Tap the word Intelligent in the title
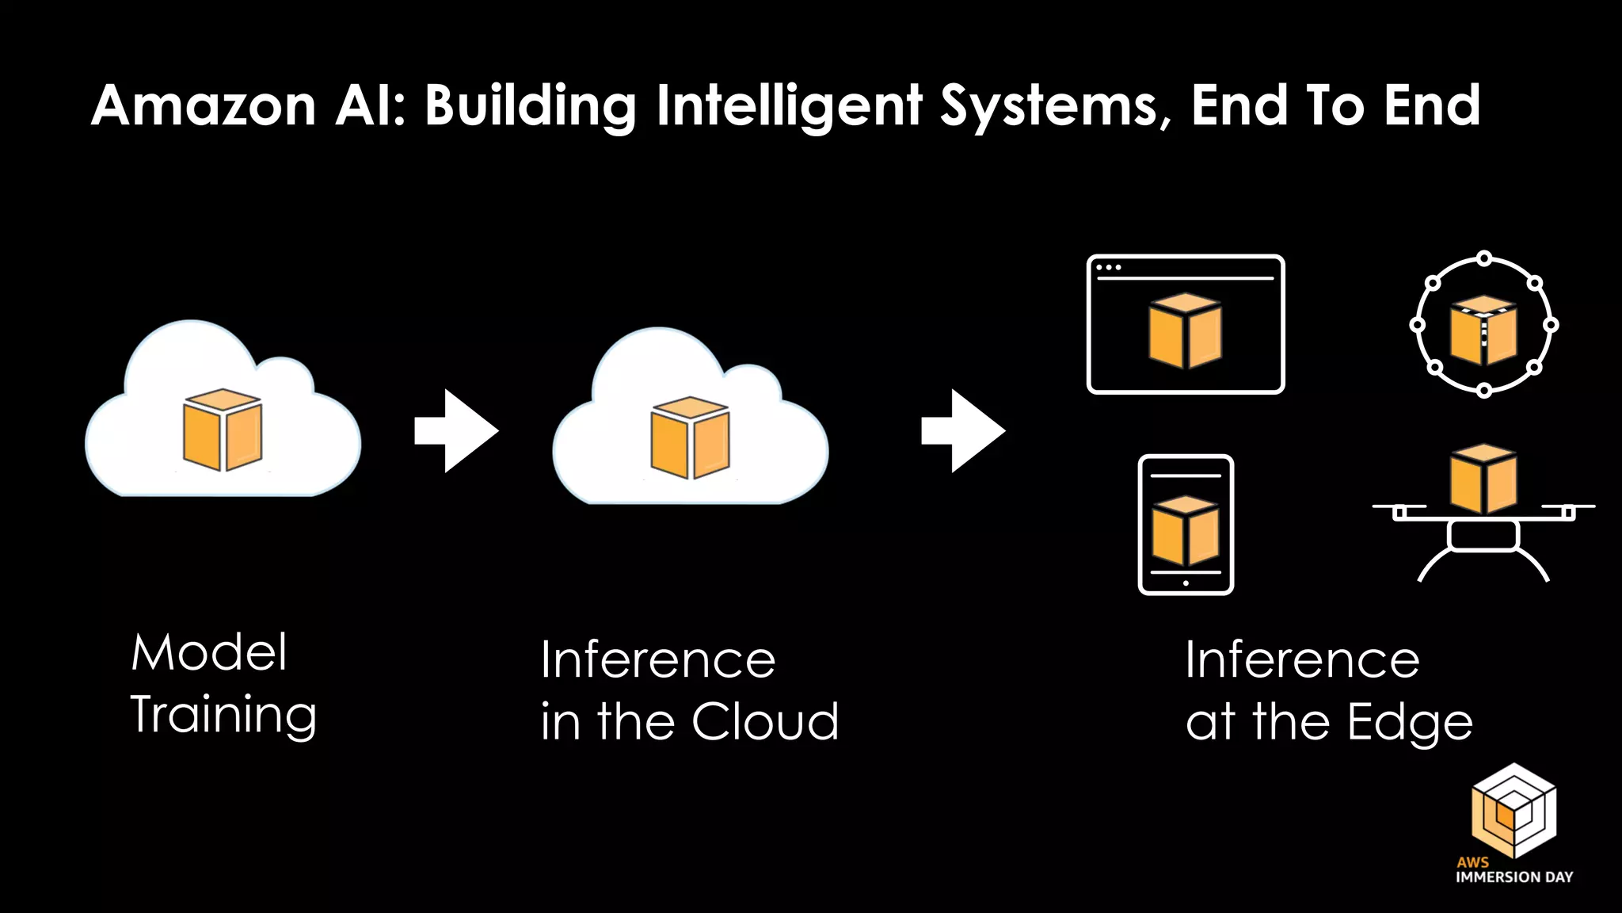pyautogui.click(x=789, y=105)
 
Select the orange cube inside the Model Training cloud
pyautogui.click(x=223, y=430)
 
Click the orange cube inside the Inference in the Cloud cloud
pyautogui.click(x=690, y=437)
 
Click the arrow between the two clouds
pyautogui.click(x=457, y=431)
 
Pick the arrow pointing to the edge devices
pyautogui.click(x=963, y=431)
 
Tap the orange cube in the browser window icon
pyautogui.click(x=1185, y=330)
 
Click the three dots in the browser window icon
pyautogui.click(x=1108, y=268)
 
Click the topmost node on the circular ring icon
pyautogui.click(x=1484, y=258)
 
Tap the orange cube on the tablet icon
pyautogui.click(x=1185, y=530)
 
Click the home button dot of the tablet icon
pyautogui.click(x=1186, y=583)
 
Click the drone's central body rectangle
pyautogui.click(x=1483, y=535)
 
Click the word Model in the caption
pyautogui.click(x=209, y=653)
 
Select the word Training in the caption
pyautogui.click(x=223, y=715)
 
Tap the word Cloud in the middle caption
pyautogui.click(x=765, y=721)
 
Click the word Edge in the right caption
pyautogui.click(x=1410, y=723)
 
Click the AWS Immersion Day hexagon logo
pyautogui.click(x=1513, y=810)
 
